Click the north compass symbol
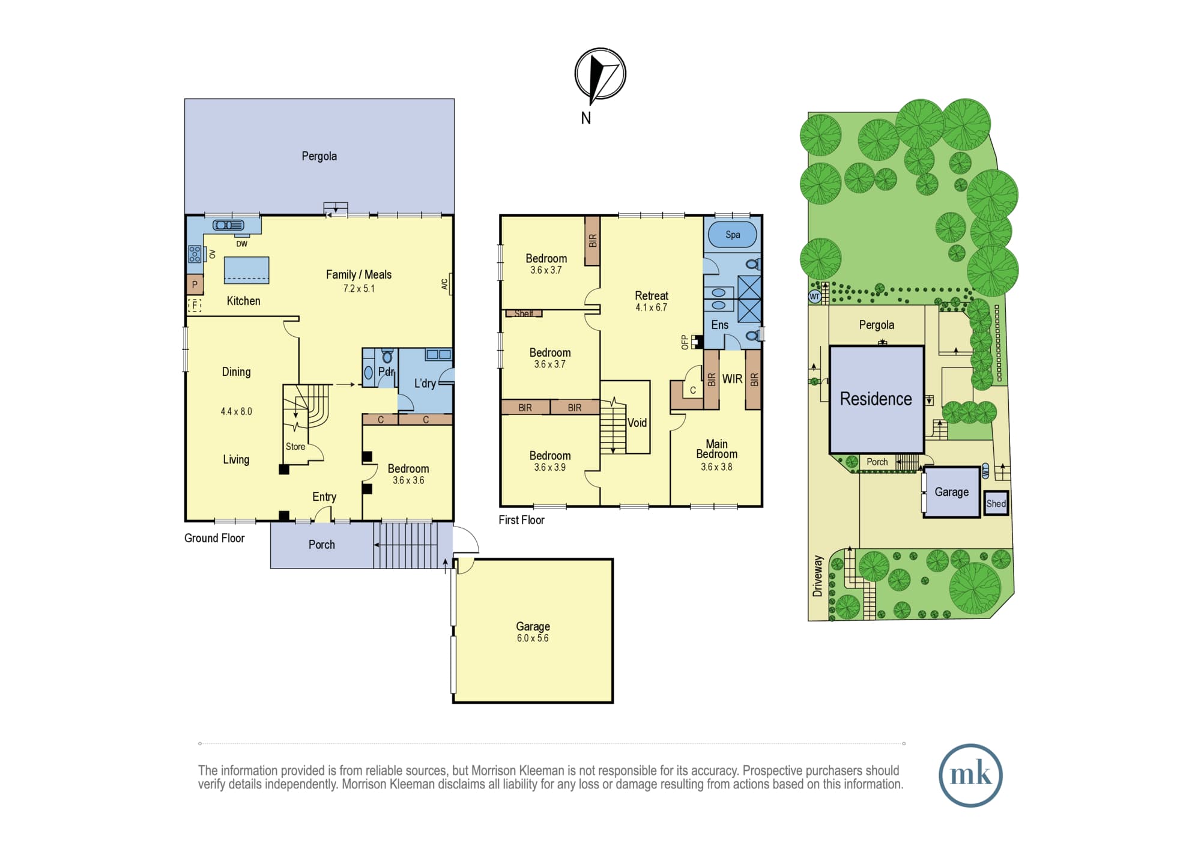pyautogui.click(x=600, y=74)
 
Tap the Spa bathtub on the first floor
pyautogui.click(x=733, y=235)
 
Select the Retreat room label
pyautogui.click(x=652, y=295)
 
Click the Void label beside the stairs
pyautogui.click(x=637, y=423)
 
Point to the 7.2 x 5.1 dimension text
pyautogui.click(x=359, y=289)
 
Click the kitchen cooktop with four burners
pyautogui.click(x=195, y=254)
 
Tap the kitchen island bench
pyautogui.click(x=246, y=270)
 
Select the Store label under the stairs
pyautogui.click(x=295, y=447)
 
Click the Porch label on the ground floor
pyautogui.click(x=322, y=545)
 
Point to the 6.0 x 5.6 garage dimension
pyautogui.click(x=533, y=638)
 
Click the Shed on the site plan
pyautogui.click(x=996, y=504)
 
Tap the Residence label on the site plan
pyautogui.click(x=876, y=399)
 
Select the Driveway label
pyautogui.click(x=817, y=576)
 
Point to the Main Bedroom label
pyautogui.click(x=717, y=449)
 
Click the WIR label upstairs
pyautogui.click(x=732, y=379)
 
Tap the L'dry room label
pyautogui.click(x=425, y=383)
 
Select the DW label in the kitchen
pyautogui.click(x=241, y=244)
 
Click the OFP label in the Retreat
pyautogui.click(x=685, y=342)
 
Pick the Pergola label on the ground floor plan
pyautogui.click(x=319, y=156)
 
